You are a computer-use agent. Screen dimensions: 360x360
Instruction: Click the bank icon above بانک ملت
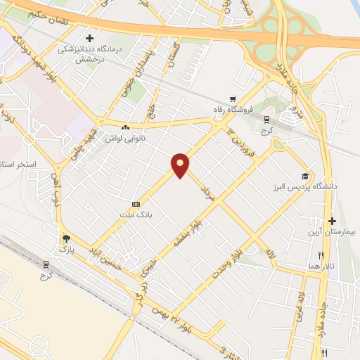(x=136, y=203)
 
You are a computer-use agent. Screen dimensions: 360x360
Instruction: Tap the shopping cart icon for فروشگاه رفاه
(x=233, y=98)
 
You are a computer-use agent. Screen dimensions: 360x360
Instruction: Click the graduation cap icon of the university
(x=305, y=176)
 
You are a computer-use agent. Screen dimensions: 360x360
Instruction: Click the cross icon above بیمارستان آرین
(x=333, y=221)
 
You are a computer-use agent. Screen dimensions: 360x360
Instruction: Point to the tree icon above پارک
(x=66, y=238)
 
